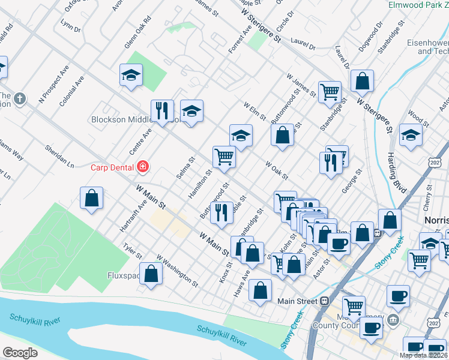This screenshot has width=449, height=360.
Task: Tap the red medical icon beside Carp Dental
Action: [x=143, y=166]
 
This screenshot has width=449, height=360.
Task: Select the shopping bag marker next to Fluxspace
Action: [x=151, y=274]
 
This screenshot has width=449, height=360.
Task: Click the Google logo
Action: [x=20, y=353]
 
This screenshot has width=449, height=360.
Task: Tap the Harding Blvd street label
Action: [x=397, y=173]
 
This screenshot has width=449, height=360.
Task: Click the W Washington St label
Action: [x=177, y=269]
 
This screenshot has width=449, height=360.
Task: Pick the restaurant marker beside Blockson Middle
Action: [x=162, y=110]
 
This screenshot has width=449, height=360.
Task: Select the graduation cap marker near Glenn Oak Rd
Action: [x=130, y=75]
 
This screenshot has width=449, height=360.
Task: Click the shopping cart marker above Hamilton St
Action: [x=224, y=157]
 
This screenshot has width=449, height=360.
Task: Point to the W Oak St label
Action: [x=277, y=170]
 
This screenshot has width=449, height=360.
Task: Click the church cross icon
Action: [x=20, y=98]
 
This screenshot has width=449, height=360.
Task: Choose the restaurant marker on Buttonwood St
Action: [x=221, y=212]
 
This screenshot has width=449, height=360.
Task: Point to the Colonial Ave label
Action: [x=72, y=91]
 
